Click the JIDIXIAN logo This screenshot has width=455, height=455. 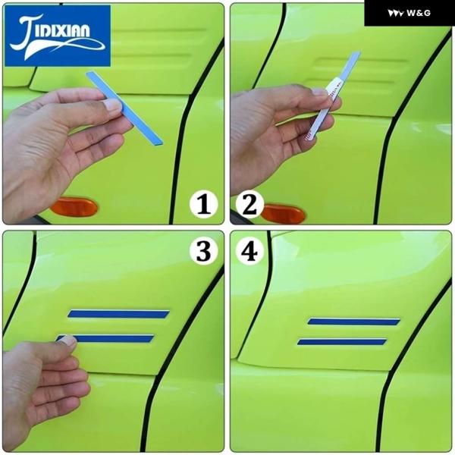tap(58, 36)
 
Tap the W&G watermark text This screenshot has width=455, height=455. tap(419, 13)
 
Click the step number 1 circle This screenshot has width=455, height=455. tap(204, 204)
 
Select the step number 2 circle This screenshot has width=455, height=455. tap(249, 204)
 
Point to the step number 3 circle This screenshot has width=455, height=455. tap(203, 251)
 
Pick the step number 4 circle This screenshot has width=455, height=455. tap(249, 251)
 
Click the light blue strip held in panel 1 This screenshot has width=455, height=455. tap(124, 108)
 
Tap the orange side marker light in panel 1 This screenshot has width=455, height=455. tap(74, 207)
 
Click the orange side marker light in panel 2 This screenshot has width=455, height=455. tap(284, 214)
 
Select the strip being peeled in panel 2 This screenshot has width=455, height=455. tap(333, 96)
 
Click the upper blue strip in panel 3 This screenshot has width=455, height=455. tap(118, 314)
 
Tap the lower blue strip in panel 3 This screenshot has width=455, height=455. tap(105, 339)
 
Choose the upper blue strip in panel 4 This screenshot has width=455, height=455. tap(353, 322)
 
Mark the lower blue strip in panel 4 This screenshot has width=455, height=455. tap(342, 342)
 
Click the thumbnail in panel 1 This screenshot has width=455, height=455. tap(113, 105)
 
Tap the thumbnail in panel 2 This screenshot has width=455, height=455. tap(319, 93)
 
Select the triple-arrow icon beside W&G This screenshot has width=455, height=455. tap(396, 14)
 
